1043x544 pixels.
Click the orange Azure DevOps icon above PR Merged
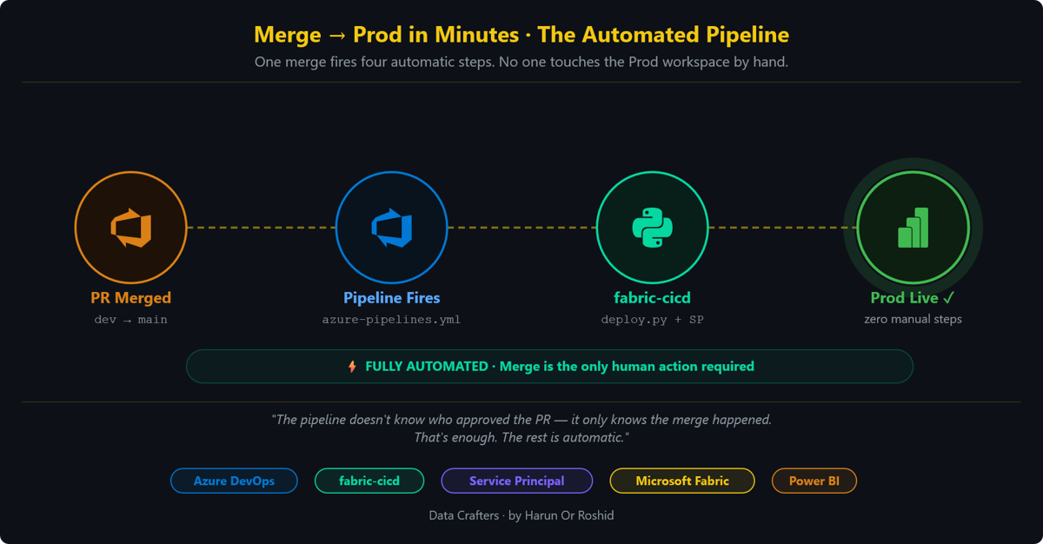coord(131,228)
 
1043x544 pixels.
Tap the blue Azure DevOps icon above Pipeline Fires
coord(392,228)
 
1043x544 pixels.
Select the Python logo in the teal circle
coord(653,228)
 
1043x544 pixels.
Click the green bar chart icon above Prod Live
coord(913,228)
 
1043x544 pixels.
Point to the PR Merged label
coord(131,298)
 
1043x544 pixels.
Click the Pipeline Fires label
coord(392,298)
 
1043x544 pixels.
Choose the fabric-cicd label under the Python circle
coord(653,298)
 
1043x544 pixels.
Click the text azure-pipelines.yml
coord(392,320)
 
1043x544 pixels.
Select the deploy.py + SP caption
coord(653,320)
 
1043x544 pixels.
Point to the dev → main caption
coord(131,320)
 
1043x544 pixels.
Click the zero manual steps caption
coord(913,319)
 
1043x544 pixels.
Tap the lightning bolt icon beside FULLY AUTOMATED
coord(353,367)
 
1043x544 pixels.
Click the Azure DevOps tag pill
coord(234,481)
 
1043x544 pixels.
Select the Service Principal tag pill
coord(517,481)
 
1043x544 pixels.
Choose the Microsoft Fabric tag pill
coord(682,481)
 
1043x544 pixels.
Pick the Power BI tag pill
coord(814,481)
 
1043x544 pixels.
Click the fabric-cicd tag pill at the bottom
coord(369,481)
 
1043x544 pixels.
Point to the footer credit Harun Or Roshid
coord(569,515)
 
